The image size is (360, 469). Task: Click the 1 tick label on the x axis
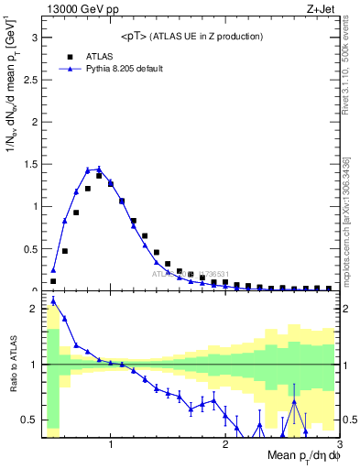(x=111, y=445)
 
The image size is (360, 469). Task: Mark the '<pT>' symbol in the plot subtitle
(x=134, y=37)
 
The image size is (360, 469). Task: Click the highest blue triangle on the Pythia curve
(x=99, y=169)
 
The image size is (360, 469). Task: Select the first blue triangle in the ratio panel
(x=53, y=300)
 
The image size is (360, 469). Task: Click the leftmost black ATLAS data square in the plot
(x=53, y=281)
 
